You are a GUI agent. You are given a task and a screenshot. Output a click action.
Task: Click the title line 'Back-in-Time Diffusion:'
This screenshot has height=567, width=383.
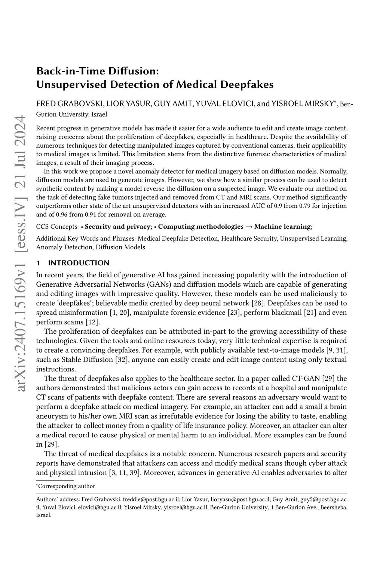point(98,71)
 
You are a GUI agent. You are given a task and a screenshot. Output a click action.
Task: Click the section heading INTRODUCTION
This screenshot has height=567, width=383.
point(79,263)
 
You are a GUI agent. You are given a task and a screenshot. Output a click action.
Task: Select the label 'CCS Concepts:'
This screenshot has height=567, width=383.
point(57,227)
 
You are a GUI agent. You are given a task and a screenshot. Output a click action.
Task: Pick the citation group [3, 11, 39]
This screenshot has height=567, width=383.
point(125,473)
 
